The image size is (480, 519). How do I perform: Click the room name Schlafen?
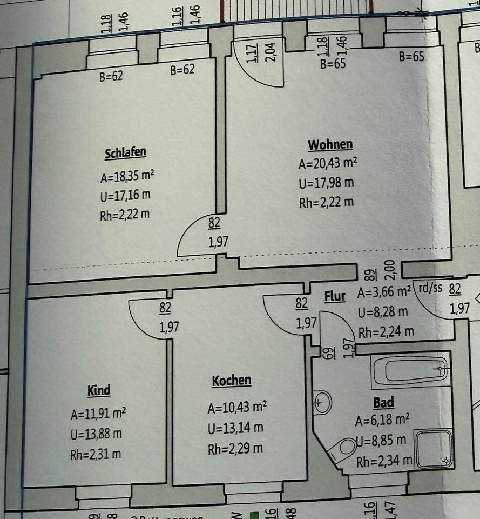125,153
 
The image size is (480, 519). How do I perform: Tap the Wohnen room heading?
330,145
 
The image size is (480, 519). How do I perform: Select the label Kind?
99,390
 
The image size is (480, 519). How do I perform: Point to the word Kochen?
231,381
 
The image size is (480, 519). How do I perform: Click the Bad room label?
383,402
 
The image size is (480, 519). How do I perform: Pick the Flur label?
335,297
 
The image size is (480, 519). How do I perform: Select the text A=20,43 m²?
328,163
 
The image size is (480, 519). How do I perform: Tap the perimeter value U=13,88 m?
96,434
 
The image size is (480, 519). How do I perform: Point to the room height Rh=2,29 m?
235,449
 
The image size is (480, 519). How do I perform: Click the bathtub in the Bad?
410,370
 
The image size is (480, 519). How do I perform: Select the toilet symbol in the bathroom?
343,449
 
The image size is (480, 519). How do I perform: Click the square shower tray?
434,448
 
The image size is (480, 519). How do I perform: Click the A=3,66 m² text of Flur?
384,294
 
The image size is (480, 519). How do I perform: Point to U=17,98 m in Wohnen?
326,183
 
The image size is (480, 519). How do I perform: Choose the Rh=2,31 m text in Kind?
96,454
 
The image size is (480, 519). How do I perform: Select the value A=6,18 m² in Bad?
382,420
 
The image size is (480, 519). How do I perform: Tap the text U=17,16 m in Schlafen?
125,195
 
